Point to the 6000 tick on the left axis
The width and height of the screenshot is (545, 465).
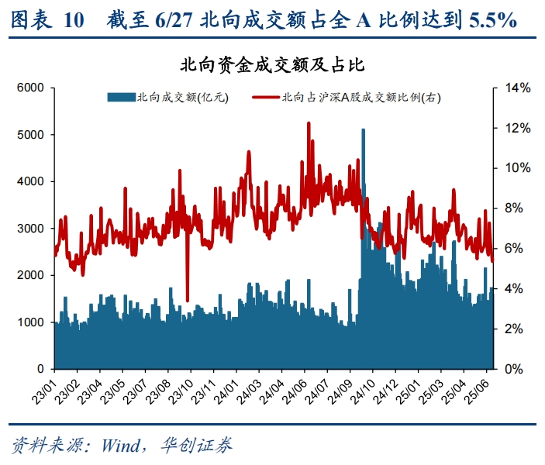(x=32, y=88)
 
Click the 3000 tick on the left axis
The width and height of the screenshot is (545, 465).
(x=32, y=229)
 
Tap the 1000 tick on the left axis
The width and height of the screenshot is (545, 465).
(x=32, y=322)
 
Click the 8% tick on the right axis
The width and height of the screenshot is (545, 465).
(x=515, y=208)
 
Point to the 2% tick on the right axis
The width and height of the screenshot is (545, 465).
(x=515, y=329)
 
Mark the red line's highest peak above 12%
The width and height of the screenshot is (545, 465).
(x=309, y=123)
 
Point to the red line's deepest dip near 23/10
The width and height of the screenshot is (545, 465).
(x=188, y=300)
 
